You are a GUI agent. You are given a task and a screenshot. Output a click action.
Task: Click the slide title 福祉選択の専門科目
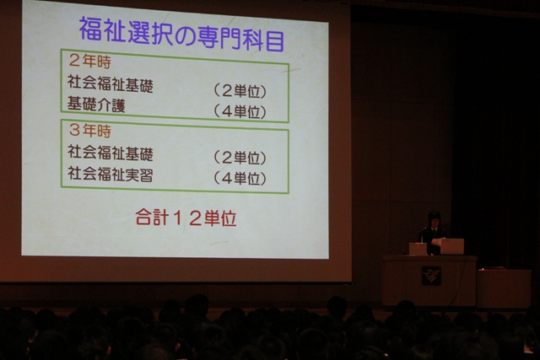(181, 34)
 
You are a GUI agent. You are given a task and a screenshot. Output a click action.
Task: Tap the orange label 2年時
(90, 61)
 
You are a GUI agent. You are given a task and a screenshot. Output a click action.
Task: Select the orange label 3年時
(90, 131)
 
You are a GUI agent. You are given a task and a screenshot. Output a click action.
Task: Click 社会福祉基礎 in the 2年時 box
(111, 83)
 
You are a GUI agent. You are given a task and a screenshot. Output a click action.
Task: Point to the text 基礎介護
(96, 105)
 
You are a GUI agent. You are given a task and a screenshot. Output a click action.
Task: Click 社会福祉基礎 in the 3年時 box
(111, 153)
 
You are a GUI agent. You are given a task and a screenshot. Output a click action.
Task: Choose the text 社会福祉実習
(111, 174)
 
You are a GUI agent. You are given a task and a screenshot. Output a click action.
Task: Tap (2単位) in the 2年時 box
(240, 91)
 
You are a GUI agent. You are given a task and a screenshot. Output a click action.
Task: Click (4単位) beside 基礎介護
(240, 111)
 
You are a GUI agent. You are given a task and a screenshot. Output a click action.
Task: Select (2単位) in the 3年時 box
(240, 158)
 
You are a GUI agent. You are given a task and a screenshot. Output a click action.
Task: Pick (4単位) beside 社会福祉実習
(240, 178)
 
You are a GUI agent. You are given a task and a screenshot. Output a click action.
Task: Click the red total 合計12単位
(186, 218)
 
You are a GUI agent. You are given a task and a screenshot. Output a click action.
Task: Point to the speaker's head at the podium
(435, 219)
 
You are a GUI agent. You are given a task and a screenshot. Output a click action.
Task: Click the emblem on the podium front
(431, 276)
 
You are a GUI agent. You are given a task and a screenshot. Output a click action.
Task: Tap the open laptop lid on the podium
(452, 246)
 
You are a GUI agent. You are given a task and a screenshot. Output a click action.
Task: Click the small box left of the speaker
(418, 249)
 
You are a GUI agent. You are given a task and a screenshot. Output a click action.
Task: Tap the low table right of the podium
(504, 287)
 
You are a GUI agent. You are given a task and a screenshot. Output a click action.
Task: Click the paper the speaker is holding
(437, 241)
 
